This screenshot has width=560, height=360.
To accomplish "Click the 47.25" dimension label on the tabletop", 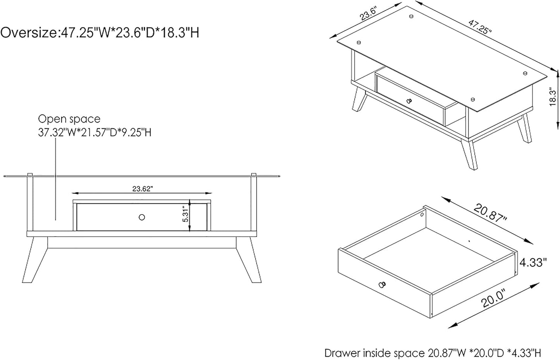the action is (x=480, y=27).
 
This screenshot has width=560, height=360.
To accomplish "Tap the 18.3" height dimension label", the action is (x=553, y=96).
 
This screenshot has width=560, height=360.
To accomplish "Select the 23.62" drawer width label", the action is (x=143, y=189).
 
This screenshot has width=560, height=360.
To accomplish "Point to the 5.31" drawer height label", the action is (x=185, y=214).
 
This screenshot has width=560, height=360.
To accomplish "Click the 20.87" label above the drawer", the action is (x=490, y=213).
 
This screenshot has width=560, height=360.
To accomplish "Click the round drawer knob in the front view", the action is (x=142, y=217).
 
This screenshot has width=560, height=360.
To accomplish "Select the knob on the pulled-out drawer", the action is (x=383, y=284).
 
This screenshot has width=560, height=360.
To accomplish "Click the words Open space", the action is (x=69, y=119).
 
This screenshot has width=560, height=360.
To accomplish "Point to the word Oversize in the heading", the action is (x=29, y=33).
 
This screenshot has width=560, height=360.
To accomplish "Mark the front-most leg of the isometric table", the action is (x=469, y=155).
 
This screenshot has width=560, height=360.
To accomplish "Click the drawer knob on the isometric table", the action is (x=409, y=101).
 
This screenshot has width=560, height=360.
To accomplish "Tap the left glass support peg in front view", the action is (x=30, y=174).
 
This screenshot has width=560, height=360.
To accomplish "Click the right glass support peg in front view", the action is (x=254, y=174).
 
